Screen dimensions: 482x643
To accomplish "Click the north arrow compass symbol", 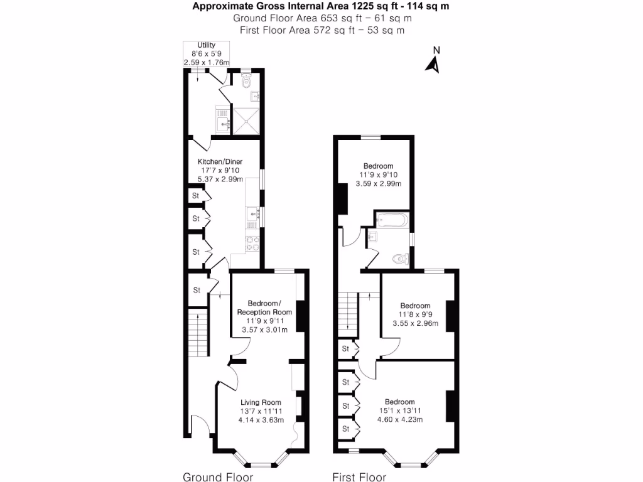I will click(x=432, y=63).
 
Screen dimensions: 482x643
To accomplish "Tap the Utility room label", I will click(x=207, y=45).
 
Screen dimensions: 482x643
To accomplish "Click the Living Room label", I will click(x=261, y=402).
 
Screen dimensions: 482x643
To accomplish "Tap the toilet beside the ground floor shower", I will click(x=247, y=81).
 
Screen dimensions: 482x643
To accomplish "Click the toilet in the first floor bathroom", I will click(x=398, y=258).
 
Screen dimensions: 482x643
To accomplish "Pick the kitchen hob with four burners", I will click(x=252, y=243).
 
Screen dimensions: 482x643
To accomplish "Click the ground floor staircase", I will click(x=198, y=332).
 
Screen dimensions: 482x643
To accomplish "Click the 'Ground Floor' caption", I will click(x=218, y=477).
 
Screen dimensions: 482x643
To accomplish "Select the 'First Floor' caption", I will click(x=359, y=477).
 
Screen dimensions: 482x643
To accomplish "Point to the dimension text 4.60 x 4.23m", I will click(x=399, y=420).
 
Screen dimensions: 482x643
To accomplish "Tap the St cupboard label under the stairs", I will click(x=197, y=291).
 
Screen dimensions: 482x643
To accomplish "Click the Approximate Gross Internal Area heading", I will click(x=321, y=6).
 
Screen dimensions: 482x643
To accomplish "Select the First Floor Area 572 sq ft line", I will click(x=321, y=29).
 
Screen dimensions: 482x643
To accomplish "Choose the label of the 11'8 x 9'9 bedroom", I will click(x=415, y=306).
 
